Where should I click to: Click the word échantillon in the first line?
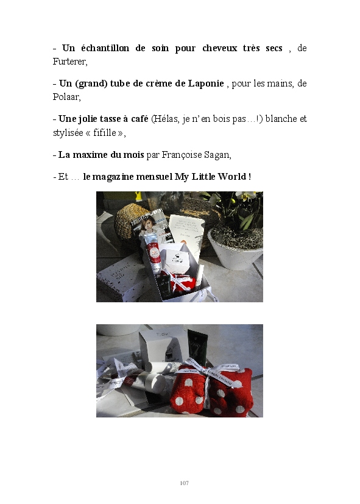coord(105,48)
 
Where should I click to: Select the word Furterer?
coord(69,62)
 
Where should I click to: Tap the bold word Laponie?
coord(206,83)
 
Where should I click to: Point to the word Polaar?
coord(66,96)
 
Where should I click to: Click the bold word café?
coord(139,119)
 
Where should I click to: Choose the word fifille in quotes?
coord(105,132)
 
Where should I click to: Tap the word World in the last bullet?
coord(232,177)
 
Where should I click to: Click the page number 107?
coord(185,483)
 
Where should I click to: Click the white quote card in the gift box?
coord(187,232)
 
